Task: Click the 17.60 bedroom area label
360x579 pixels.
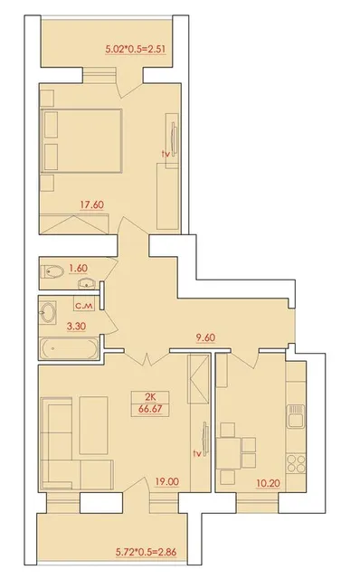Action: point(92,204)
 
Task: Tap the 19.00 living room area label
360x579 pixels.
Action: point(166,481)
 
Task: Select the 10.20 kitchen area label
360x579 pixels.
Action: point(268,483)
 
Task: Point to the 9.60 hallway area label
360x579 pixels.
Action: point(205,337)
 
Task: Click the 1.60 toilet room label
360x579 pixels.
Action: point(79,268)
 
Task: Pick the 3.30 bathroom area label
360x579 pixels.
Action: point(76,326)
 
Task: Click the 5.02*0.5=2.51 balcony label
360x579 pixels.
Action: point(135,49)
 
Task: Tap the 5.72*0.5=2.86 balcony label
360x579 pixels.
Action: point(146,552)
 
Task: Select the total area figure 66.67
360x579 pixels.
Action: point(150,409)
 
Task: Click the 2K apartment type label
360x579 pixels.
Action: point(150,398)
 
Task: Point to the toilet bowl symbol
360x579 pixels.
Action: point(52,272)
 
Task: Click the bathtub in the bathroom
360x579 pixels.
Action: point(69,347)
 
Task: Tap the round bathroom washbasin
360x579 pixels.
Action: point(48,312)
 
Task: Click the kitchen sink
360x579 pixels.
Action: point(296,416)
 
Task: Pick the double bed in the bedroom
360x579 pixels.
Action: point(81,140)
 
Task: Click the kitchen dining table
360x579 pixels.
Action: point(228,453)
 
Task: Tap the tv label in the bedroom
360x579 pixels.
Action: point(166,155)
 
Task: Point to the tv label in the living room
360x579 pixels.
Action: point(197,453)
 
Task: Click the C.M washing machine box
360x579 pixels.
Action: point(85,305)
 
